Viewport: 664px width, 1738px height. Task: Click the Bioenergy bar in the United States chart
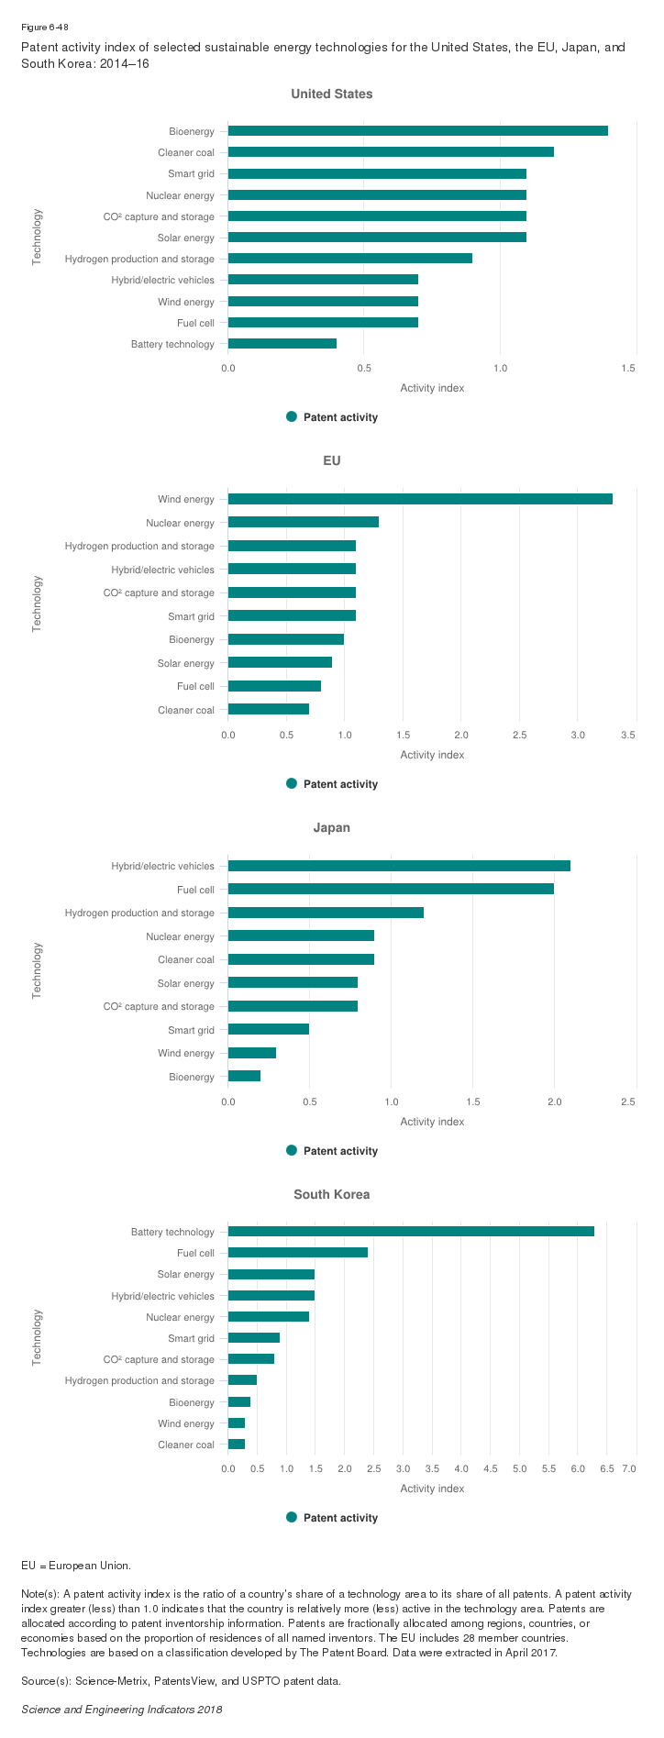(417, 131)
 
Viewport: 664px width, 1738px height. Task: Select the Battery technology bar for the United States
(282, 344)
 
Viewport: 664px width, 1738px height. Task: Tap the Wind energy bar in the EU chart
(420, 499)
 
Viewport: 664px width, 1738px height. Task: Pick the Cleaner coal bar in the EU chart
(269, 709)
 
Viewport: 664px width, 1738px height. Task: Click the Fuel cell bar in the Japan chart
(391, 889)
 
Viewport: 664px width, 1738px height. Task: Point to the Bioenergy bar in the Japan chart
(244, 1076)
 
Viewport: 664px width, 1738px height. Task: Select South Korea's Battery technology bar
(411, 1232)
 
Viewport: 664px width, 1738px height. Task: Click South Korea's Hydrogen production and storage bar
(242, 1380)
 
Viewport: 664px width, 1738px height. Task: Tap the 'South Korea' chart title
(332, 1194)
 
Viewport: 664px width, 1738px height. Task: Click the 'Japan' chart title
(332, 827)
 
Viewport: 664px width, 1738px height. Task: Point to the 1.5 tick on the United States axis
(628, 368)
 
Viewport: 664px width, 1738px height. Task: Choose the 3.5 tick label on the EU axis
(628, 735)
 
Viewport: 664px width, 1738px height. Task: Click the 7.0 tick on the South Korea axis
(629, 1468)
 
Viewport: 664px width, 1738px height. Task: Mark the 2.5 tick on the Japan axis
(628, 1101)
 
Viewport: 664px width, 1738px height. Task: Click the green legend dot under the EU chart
(292, 783)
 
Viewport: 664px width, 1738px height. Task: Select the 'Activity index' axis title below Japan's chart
(432, 1122)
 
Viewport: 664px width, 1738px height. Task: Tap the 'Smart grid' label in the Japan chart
(191, 1030)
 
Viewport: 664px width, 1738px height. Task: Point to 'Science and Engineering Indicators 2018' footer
(122, 1709)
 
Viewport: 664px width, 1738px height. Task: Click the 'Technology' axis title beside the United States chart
(38, 238)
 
